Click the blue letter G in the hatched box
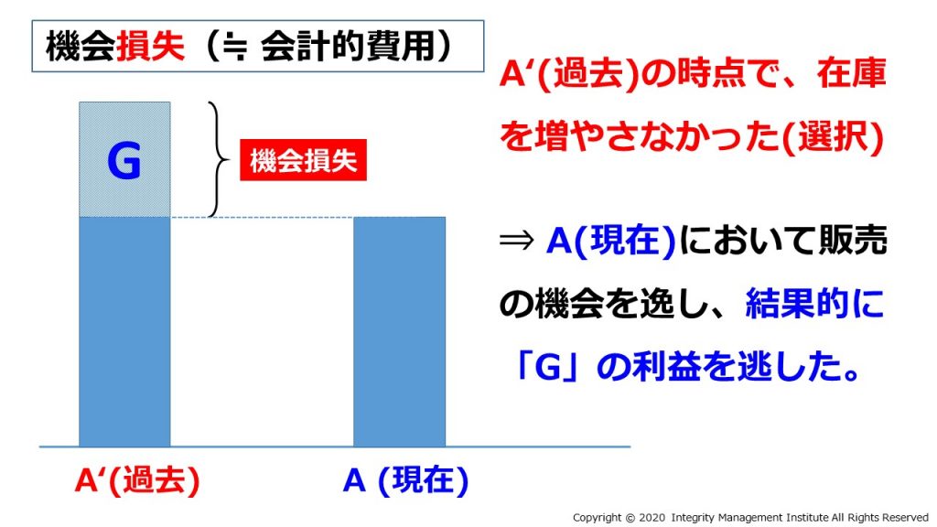pyautogui.click(x=124, y=160)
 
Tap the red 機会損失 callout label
pyautogui.click(x=303, y=160)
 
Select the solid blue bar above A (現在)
pyautogui.click(x=399, y=331)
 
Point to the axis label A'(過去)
pyautogui.click(x=137, y=480)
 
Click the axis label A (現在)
pyautogui.click(x=405, y=480)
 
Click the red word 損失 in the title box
pyautogui.click(x=151, y=46)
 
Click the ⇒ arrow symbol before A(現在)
pyautogui.click(x=516, y=241)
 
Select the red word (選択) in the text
pyautogui.click(x=832, y=138)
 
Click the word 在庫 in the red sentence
pyautogui.click(x=851, y=73)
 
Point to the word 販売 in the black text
pyautogui.click(x=853, y=241)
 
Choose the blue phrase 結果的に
pyautogui.click(x=815, y=304)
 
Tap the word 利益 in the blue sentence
pyautogui.click(x=666, y=367)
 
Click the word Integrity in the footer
pyautogui.click(x=693, y=518)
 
